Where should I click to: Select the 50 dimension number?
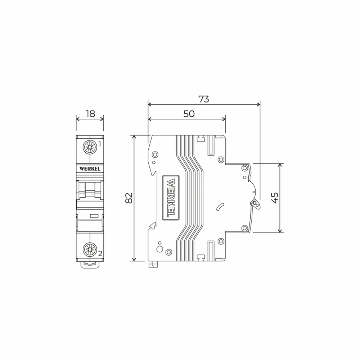tap(189, 114)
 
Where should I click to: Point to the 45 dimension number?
tap(275, 198)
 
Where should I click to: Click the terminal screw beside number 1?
tap(89, 147)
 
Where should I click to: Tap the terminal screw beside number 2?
tap(89, 249)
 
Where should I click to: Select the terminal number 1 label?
tap(99, 144)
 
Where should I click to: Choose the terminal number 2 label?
tap(100, 253)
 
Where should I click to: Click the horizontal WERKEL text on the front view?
tap(90, 168)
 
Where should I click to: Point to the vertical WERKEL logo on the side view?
tap(171, 198)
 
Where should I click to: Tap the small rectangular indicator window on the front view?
tap(94, 216)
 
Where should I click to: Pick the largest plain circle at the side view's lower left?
tap(159, 249)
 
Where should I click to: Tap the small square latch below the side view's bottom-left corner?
tap(153, 265)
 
